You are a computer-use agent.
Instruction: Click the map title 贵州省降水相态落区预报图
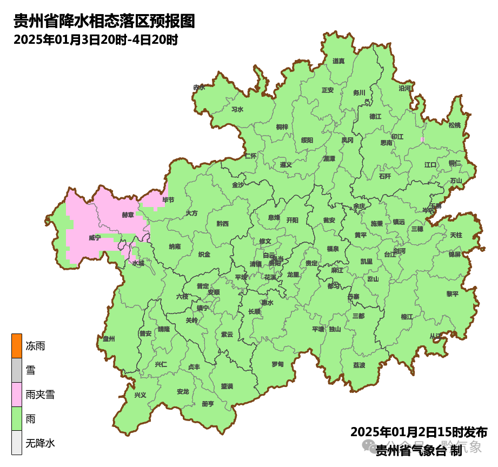point(103,21)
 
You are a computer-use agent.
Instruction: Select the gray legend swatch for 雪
point(17,371)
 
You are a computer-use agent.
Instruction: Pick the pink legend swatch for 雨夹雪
point(17,395)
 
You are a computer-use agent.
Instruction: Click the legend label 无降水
point(41,444)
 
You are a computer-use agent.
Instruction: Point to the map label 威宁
point(95,238)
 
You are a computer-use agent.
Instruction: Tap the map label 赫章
point(128,215)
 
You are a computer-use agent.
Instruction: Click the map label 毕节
point(168,200)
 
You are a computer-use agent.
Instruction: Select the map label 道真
point(338,61)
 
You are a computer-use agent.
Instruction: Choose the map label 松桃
point(454,125)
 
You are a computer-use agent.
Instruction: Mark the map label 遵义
point(285,165)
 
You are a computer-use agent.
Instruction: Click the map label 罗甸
point(277,364)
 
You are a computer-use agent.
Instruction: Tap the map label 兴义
point(141,395)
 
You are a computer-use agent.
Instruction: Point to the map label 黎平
point(452,294)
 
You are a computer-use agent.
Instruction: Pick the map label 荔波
point(359,365)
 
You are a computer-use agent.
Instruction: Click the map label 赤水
point(200,88)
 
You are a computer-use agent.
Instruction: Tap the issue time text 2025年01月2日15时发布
point(419,432)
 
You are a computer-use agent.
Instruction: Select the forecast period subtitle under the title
point(96,39)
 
